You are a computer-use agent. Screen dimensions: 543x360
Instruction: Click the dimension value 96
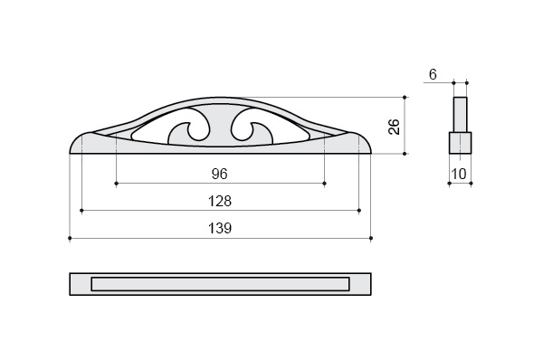[220, 174]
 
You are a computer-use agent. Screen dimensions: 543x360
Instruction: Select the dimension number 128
[220, 201]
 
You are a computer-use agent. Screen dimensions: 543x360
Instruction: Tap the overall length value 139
[220, 229]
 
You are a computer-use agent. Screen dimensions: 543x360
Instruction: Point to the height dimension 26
[394, 127]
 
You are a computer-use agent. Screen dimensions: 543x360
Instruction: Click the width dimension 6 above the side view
[433, 74]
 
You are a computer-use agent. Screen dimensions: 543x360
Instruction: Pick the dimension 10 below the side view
[459, 174]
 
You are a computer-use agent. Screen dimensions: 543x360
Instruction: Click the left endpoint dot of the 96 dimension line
[117, 183]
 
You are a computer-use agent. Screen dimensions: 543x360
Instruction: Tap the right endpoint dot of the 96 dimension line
[325, 183]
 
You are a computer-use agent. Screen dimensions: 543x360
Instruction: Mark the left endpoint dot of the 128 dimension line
[81, 211]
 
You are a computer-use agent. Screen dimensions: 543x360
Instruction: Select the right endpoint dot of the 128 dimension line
[359, 211]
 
